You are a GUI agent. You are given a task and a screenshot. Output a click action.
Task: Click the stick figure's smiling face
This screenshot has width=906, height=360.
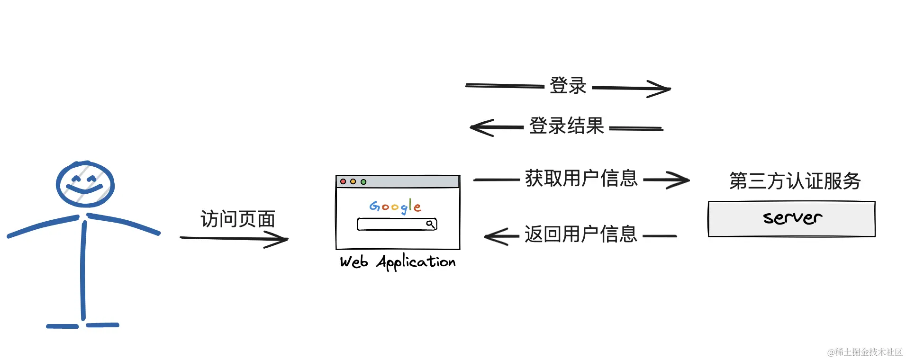[x=85, y=184]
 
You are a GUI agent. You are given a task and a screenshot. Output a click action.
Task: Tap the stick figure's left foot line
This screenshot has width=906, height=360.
[x=62, y=326]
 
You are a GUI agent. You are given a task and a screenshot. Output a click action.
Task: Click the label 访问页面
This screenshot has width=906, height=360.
[x=238, y=219]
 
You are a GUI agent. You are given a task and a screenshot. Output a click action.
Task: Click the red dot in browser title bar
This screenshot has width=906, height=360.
[x=343, y=181]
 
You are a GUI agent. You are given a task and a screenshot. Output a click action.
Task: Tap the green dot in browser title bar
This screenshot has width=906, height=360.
[x=363, y=181]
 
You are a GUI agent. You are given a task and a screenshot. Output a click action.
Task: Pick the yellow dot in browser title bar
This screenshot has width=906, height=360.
[x=353, y=181]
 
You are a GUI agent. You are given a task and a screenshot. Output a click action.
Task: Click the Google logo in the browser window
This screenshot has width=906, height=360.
[x=395, y=207]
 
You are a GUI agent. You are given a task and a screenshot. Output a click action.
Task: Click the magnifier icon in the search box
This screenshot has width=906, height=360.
[x=430, y=224]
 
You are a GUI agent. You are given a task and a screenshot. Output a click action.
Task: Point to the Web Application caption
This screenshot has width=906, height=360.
[x=398, y=262]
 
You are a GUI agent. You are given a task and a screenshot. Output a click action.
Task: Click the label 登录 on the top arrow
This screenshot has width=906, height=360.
[x=568, y=86]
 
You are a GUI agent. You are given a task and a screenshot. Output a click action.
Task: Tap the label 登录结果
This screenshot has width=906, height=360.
[x=566, y=126]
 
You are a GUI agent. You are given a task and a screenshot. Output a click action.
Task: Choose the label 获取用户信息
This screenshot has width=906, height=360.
[x=581, y=179]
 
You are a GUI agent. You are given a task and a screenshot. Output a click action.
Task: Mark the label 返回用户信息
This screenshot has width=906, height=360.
[x=580, y=234]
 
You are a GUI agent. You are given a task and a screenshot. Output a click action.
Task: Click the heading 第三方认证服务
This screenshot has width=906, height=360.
[x=795, y=181]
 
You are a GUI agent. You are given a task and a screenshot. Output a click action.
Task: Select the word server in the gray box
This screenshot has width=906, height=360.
[x=792, y=217]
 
